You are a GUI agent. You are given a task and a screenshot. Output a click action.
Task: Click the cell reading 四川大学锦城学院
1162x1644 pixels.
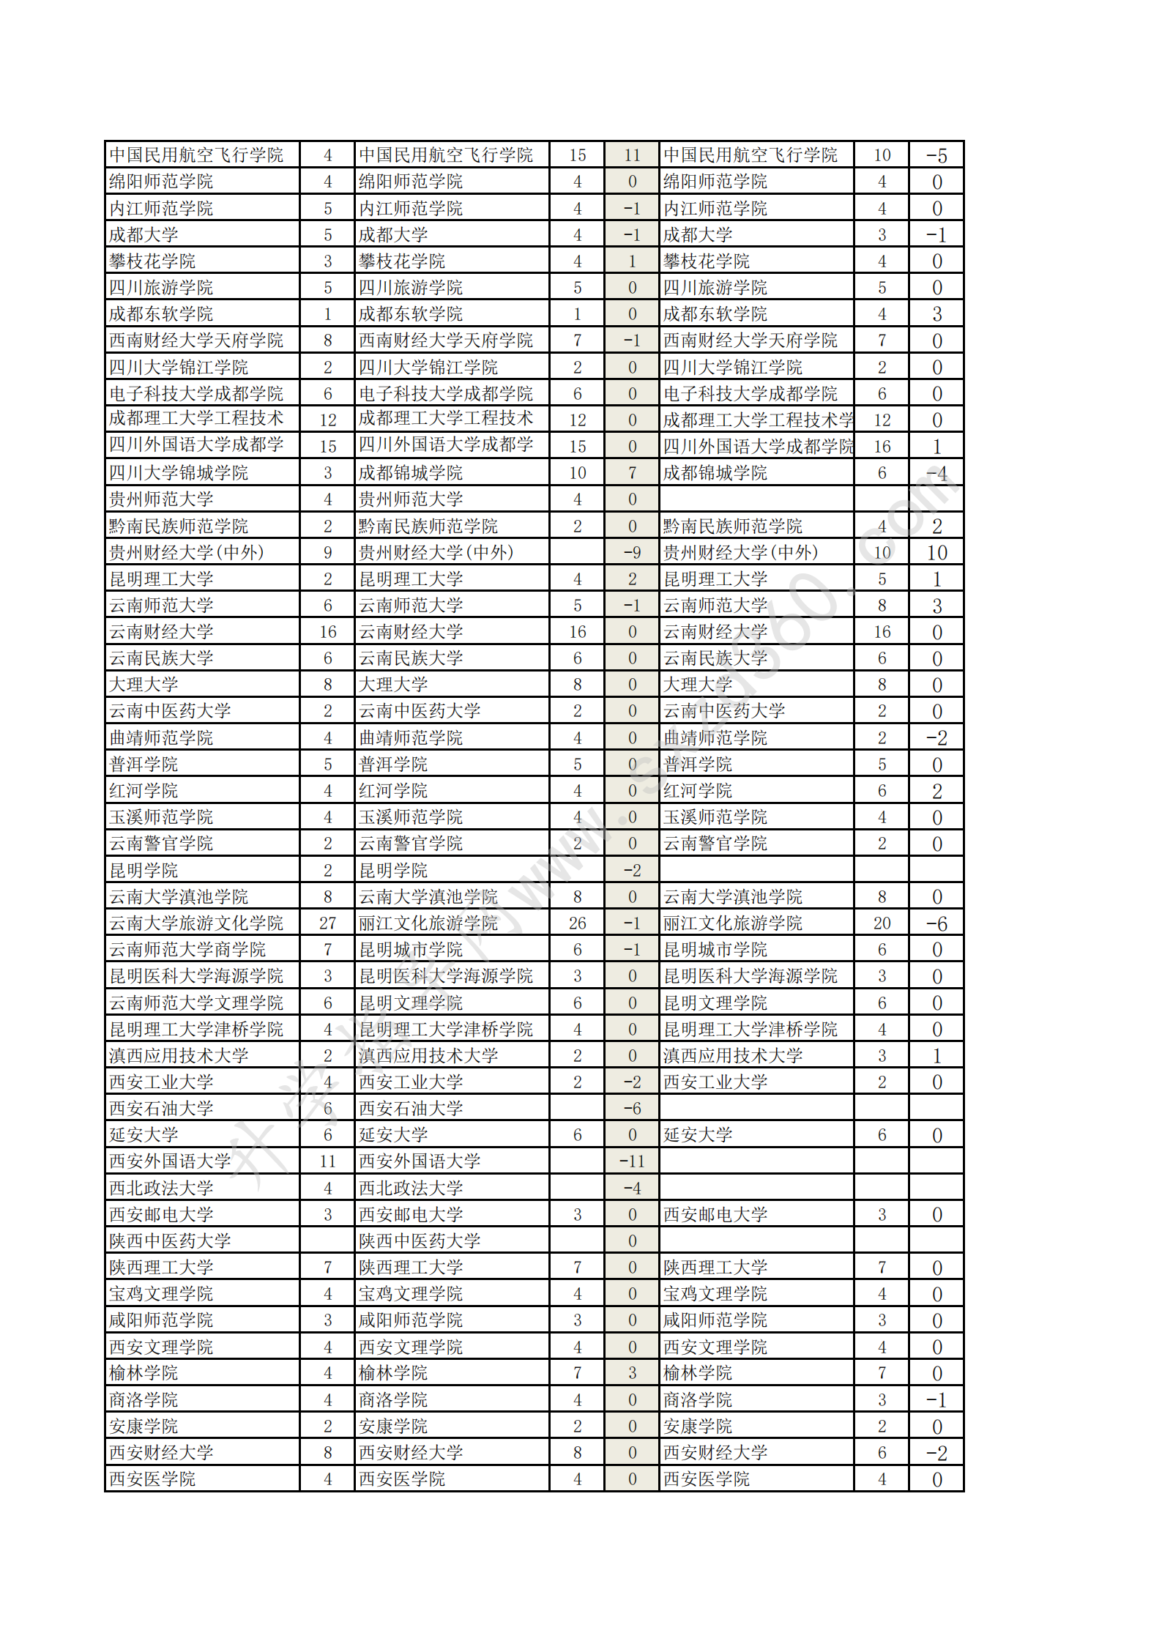[x=179, y=473]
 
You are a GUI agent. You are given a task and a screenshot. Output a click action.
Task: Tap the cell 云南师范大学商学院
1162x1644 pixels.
[x=187, y=950]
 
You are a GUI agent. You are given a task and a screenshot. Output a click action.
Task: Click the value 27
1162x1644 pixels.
[x=327, y=923]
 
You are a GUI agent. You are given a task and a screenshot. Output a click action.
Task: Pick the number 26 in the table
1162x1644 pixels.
[x=577, y=923]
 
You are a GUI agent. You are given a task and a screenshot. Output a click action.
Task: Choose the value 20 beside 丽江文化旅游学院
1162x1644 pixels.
[x=882, y=923]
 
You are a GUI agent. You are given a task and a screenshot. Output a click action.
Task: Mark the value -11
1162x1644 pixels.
[x=632, y=1161]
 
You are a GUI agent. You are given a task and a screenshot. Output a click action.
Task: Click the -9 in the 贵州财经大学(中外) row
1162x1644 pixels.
[x=632, y=553]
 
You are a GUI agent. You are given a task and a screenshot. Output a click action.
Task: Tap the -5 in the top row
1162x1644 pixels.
[x=936, y=155]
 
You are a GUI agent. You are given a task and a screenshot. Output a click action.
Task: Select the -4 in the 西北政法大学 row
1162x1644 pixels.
[x=632, y=1188]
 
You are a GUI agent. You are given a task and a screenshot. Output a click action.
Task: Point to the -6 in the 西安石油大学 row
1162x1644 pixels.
[x=632, y=1109]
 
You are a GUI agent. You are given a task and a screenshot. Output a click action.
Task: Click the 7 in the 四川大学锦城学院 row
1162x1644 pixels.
[x=632, y=473]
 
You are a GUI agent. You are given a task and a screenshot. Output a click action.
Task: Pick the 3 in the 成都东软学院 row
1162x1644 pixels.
[x=936, y=314]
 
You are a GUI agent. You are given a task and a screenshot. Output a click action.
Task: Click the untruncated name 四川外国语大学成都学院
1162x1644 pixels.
[x=758, y=447]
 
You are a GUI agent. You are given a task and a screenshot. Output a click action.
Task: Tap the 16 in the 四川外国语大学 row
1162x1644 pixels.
[x=882, y=447]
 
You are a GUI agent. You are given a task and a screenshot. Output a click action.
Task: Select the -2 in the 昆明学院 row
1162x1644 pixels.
[x=632, y=871]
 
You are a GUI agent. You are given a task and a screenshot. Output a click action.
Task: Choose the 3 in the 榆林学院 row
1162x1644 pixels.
[x=632, y=1373]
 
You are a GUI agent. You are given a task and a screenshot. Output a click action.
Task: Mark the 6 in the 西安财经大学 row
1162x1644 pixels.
[x=882, y=1452]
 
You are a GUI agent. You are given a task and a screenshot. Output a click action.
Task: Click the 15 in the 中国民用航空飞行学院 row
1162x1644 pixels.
[x=577, y=155]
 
